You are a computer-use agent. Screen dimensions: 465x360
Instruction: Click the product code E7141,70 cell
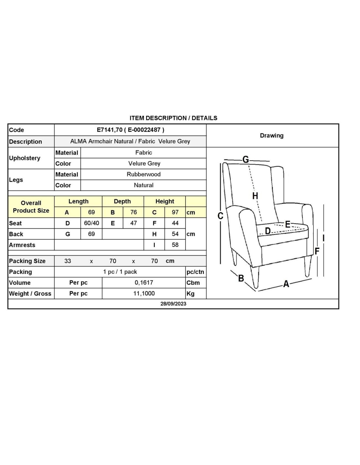point(130,130)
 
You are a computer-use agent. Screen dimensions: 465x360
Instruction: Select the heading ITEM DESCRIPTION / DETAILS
point(173,118)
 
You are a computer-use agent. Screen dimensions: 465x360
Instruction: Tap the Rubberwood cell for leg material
point(143,174)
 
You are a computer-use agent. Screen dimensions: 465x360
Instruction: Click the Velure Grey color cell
point(144,164)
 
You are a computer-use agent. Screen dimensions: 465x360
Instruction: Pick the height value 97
point(175,212)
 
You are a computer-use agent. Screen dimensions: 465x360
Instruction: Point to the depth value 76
point(134,212)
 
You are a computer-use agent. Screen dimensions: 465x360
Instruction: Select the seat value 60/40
point(91,223)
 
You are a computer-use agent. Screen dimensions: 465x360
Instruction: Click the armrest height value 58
point(175,245)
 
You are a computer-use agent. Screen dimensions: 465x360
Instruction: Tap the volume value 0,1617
point(144,283)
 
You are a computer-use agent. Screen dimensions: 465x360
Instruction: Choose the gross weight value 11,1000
point(144,293)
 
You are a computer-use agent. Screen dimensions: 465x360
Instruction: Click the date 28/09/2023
point(173,303)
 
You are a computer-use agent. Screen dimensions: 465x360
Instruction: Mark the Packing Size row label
point(27,261)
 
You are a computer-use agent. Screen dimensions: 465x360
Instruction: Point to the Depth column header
point(122,201)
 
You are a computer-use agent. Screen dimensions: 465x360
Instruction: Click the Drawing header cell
point(272,135)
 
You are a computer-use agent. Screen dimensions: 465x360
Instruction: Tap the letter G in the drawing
point(245,159)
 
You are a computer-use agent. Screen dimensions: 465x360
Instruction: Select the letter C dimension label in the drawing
point(220,216)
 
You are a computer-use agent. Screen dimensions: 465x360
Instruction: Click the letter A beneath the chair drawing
point(286,284)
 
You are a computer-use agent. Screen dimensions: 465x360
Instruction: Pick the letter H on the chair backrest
point(255,196)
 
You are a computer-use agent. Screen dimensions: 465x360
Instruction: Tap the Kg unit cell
point(190,293)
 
